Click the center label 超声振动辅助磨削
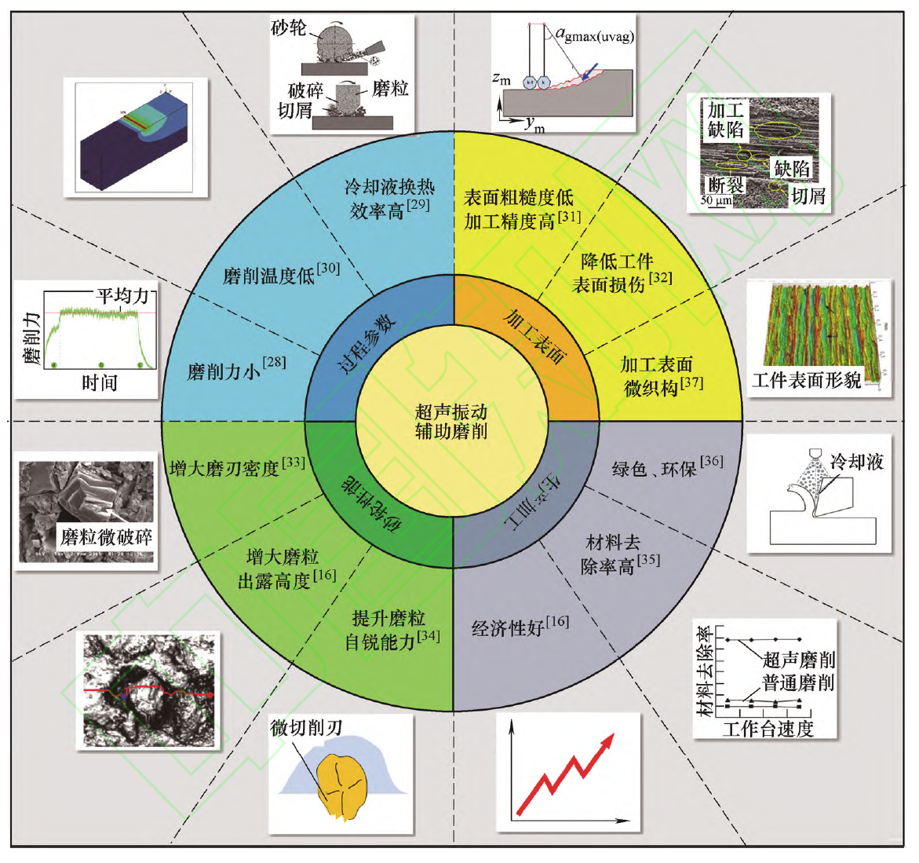tap(451, 421)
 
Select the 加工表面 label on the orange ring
tap(536, 338)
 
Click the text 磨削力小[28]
tap(236, 369)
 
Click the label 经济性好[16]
tap(520, 626)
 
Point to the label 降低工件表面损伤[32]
tap(622, 272)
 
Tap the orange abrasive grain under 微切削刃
tap(343, 787)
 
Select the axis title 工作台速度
tap(768, 729)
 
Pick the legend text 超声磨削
tap(798, 659)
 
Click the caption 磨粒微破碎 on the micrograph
tap(106, 537)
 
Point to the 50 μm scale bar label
tap(717, 200)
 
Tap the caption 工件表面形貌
tap(807, 381)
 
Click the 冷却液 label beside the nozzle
tap(856, 462)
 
